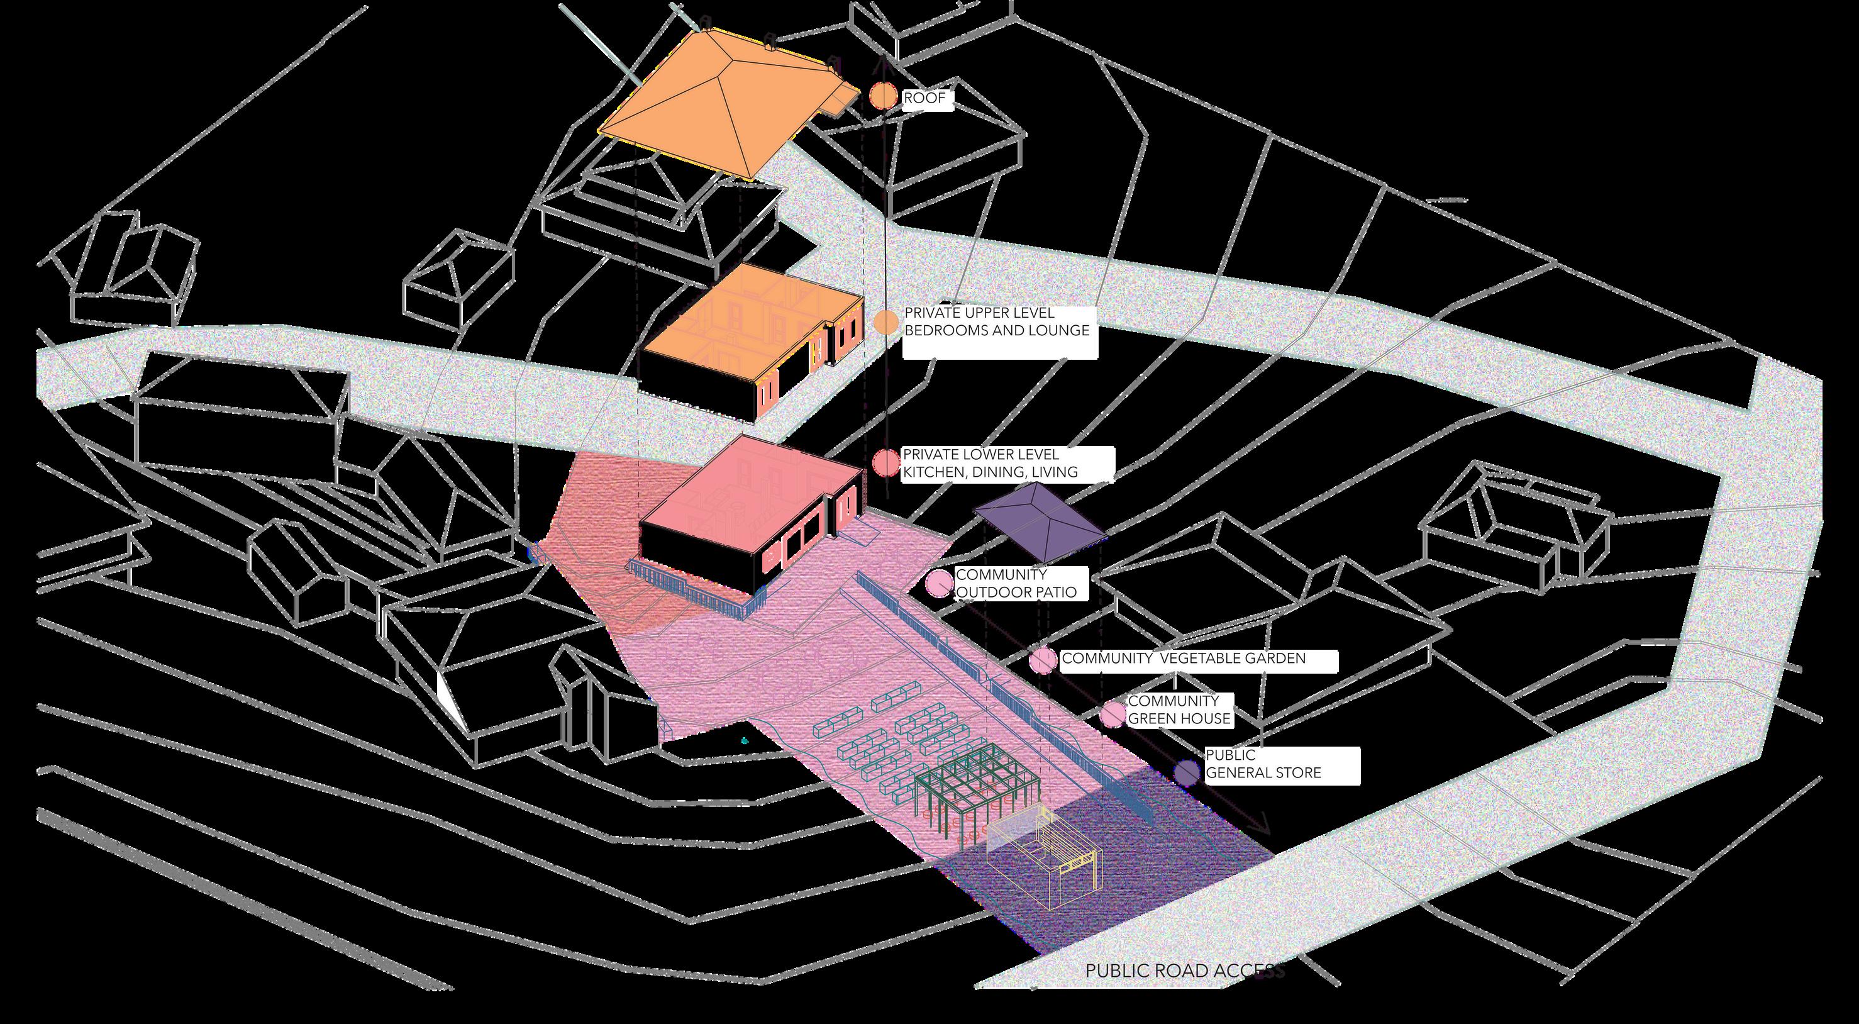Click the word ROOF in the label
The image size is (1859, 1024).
coord(924,98)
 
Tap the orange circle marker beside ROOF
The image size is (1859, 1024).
coord(882,97)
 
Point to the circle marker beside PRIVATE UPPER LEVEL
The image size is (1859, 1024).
coord(886,323)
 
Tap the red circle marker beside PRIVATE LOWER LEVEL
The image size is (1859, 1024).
coord(885,464)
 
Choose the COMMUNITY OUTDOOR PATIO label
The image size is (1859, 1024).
coord(1016,583)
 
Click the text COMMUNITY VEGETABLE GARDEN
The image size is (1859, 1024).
coord(1184,659)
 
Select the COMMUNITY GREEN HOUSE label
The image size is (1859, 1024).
coord(1179,710)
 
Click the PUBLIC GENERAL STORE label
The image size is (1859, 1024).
coord(1263,764)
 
